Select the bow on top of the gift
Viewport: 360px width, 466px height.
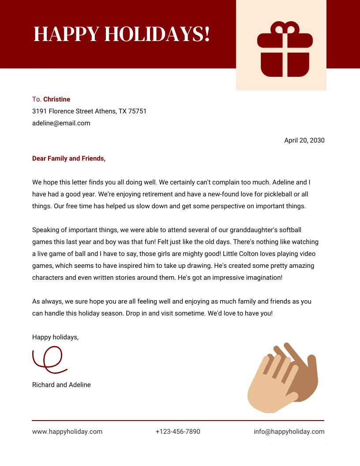click(x=285, y=29)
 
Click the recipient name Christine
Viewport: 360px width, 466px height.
click(x=56, y=99)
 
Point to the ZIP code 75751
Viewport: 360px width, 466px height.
click(x=137, y=111)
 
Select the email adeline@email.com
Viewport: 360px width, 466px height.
click(x=61, y=123)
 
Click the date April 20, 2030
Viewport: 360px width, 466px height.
click(x=304, y=140)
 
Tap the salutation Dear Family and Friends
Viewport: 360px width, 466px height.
click(x=69, y=158)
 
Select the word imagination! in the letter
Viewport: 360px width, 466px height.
click(x=263, y=278)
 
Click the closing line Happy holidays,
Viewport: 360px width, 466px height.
click(x=55, y=337)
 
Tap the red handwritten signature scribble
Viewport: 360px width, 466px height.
click(x=48, y=358)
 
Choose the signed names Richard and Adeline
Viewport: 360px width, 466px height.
click(x=61, y=385)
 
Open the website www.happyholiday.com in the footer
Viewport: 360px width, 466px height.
click(x=67, y=432)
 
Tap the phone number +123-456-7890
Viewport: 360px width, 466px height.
click(x=178, y=432)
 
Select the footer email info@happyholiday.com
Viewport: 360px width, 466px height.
click(x=289, y=432)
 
